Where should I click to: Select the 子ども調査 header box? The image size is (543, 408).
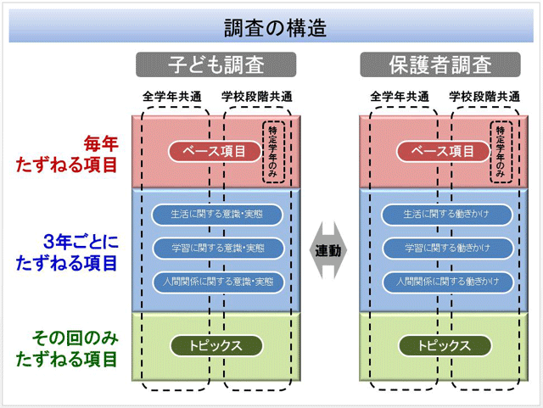[x=216, y=65]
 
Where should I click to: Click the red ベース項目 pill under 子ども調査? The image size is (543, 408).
[x=216, y=152]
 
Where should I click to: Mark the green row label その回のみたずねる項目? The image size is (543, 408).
[x=67, y=348]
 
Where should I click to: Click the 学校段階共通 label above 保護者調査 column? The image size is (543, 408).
[x=483, y=96]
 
